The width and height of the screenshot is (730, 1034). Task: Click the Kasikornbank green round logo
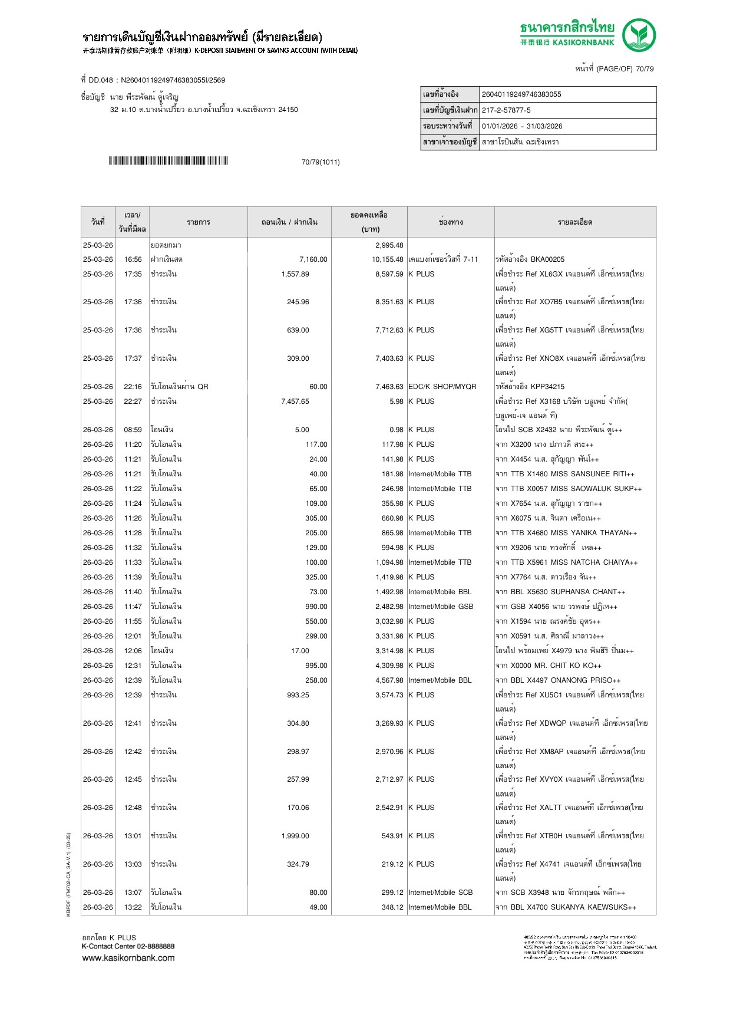coord(639,35)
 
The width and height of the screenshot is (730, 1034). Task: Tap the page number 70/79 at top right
coord(645,69)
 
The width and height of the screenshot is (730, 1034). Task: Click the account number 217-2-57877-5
coord(506,110)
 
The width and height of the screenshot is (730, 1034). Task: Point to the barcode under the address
coord(168,161)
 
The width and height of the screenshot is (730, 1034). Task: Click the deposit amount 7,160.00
coord(313,259)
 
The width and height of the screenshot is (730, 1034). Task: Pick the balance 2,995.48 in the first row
coord(389,245)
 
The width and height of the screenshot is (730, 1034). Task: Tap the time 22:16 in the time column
coord(133,387)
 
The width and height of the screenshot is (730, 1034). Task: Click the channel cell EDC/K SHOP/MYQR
coord(442,387)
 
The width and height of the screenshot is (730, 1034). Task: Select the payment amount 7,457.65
coord(295,401)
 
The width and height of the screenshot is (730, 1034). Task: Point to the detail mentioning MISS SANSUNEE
coord(565,474)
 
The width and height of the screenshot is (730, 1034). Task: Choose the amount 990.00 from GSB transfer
coord(316,607)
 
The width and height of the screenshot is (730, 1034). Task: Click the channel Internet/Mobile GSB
coord(440,607)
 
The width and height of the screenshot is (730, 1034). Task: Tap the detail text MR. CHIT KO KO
coord(564,666)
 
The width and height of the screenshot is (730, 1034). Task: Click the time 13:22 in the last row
coord(133,907)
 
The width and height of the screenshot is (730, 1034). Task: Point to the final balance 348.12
coord(392,907)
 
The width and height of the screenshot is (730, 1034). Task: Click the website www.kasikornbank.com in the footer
coord(128,958)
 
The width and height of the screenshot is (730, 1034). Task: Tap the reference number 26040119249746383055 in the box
coord(521,94)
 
